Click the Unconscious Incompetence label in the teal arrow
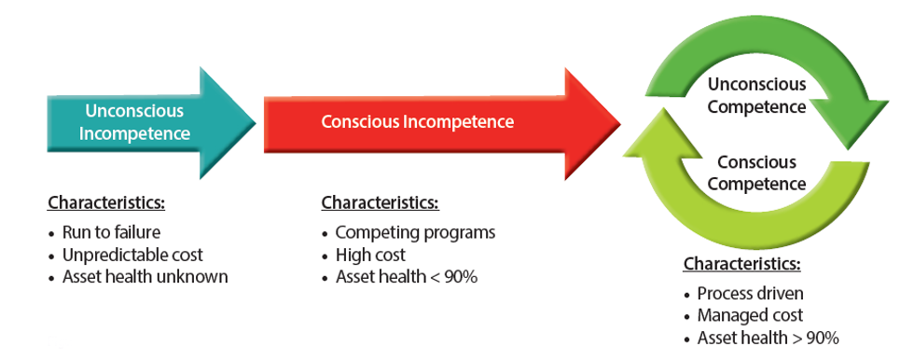(134, 122)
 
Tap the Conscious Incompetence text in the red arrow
(417, 122)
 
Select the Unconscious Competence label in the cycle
(756, 96)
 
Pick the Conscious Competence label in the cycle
(756, 173)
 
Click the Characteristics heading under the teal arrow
(105, 202)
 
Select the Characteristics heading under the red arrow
(380, 202)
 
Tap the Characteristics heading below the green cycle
(741, 264)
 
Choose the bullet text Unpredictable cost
(132, 255)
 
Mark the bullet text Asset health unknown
(145, 277)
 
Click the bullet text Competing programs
(415, 232)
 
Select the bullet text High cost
(370, 255)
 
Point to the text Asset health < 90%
(406, 277)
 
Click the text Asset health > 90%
(768, 339)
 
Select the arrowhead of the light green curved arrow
(658, 140)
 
